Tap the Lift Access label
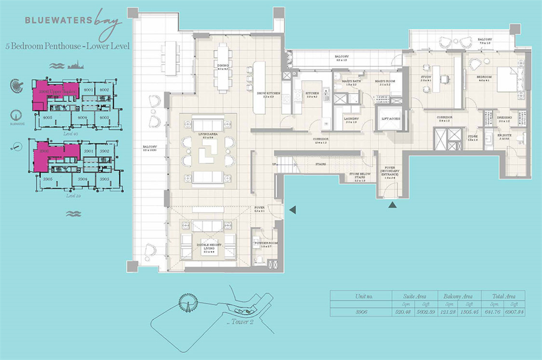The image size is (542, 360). click(x=391, y=118)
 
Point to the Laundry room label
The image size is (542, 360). click(x=351, y=119)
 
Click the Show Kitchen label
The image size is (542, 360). click(x=269, y=94)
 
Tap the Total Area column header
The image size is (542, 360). click(x=505, y=296)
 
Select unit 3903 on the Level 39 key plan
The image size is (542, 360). click(x=103, y=178)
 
